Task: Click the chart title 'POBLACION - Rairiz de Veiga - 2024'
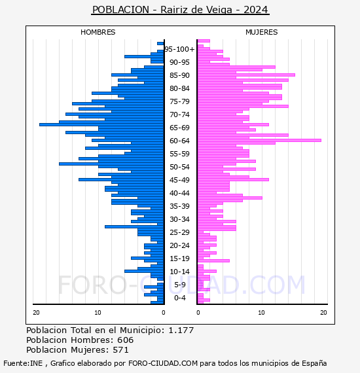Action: pyautogui.click(x=180, y=10)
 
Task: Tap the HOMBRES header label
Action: pyautogui.click(x=98, y=32)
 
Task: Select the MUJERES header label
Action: pyautogui.click(x=262, y=32)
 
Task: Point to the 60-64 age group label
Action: pyautogui.click(x=179, y=141)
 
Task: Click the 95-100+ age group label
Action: pyautogui.click(x=179, y=49)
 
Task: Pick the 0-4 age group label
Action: pyautogui.click(x=179, y=298)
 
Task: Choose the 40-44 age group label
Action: pyautogui.click(x=179, y=193)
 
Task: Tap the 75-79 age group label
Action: pyautogui.click(x=179, y=101)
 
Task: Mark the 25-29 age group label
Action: pyautogui.click(x=179, y=232)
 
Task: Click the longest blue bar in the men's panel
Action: pyautogui.click(x=101, y=124)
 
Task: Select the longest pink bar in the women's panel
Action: pyautogui.click(x=259, y=140)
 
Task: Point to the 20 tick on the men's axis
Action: pyautogui.click(x=36, y=313)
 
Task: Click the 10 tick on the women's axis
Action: pyautogui.click(x=261, y=313)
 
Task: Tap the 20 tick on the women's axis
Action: pyautogui.click(x=323, y=313)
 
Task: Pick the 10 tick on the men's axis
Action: pyautogui.click(x=98, y=313)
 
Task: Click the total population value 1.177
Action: pyautogui.click(x=181, y=330)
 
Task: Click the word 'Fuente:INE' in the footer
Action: pyautogui.click(x=23, y=363)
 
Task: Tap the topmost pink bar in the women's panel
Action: pyautogui.click(x=204, y=41)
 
